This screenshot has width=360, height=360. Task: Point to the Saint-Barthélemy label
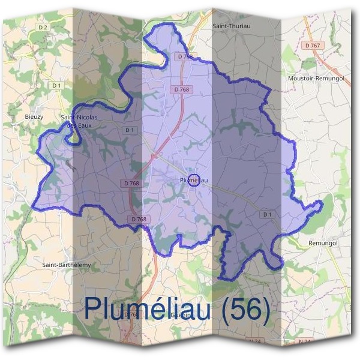coord(66,264)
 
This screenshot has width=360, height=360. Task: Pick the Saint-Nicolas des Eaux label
coord(79,121)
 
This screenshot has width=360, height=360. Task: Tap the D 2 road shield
coord(42,27)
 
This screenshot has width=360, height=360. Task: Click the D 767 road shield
coord(313,46)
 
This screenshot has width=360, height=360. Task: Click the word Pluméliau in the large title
coord(147,308)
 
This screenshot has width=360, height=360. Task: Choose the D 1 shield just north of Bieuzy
coord(56,86)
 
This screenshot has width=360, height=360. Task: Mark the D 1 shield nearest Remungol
coord(267,214)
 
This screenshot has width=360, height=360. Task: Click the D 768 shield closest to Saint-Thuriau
coord(185,56)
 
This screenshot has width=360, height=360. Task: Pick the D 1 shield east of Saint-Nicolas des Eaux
coord(130,130)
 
